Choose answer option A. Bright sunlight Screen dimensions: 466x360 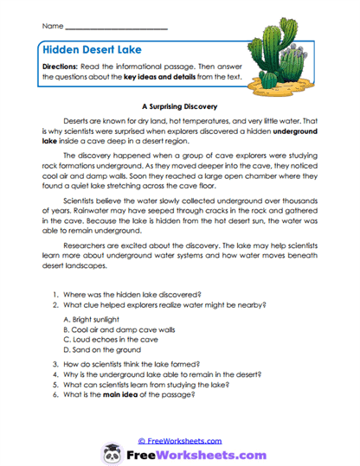[99, 317]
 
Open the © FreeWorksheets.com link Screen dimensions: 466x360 [181, 440]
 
